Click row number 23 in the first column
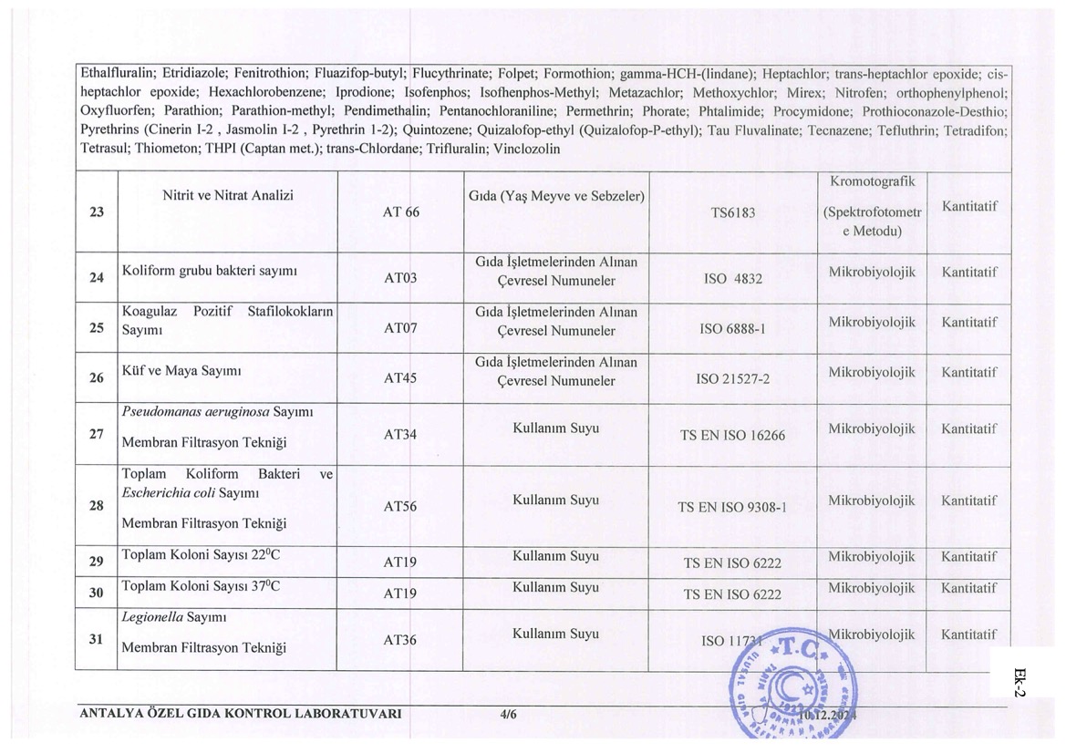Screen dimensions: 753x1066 (97, 212)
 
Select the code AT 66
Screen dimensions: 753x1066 (401, 212)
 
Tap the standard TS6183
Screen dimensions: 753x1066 (732, 212)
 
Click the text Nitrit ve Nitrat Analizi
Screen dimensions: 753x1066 (228, 195)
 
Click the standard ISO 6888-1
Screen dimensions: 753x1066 (732, 328)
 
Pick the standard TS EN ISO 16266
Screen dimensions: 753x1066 (732, 436)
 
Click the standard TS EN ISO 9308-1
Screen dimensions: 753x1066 (732, 508)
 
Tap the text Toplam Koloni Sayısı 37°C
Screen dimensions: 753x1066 (201, 586)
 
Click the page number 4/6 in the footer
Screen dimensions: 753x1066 (509, 715)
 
